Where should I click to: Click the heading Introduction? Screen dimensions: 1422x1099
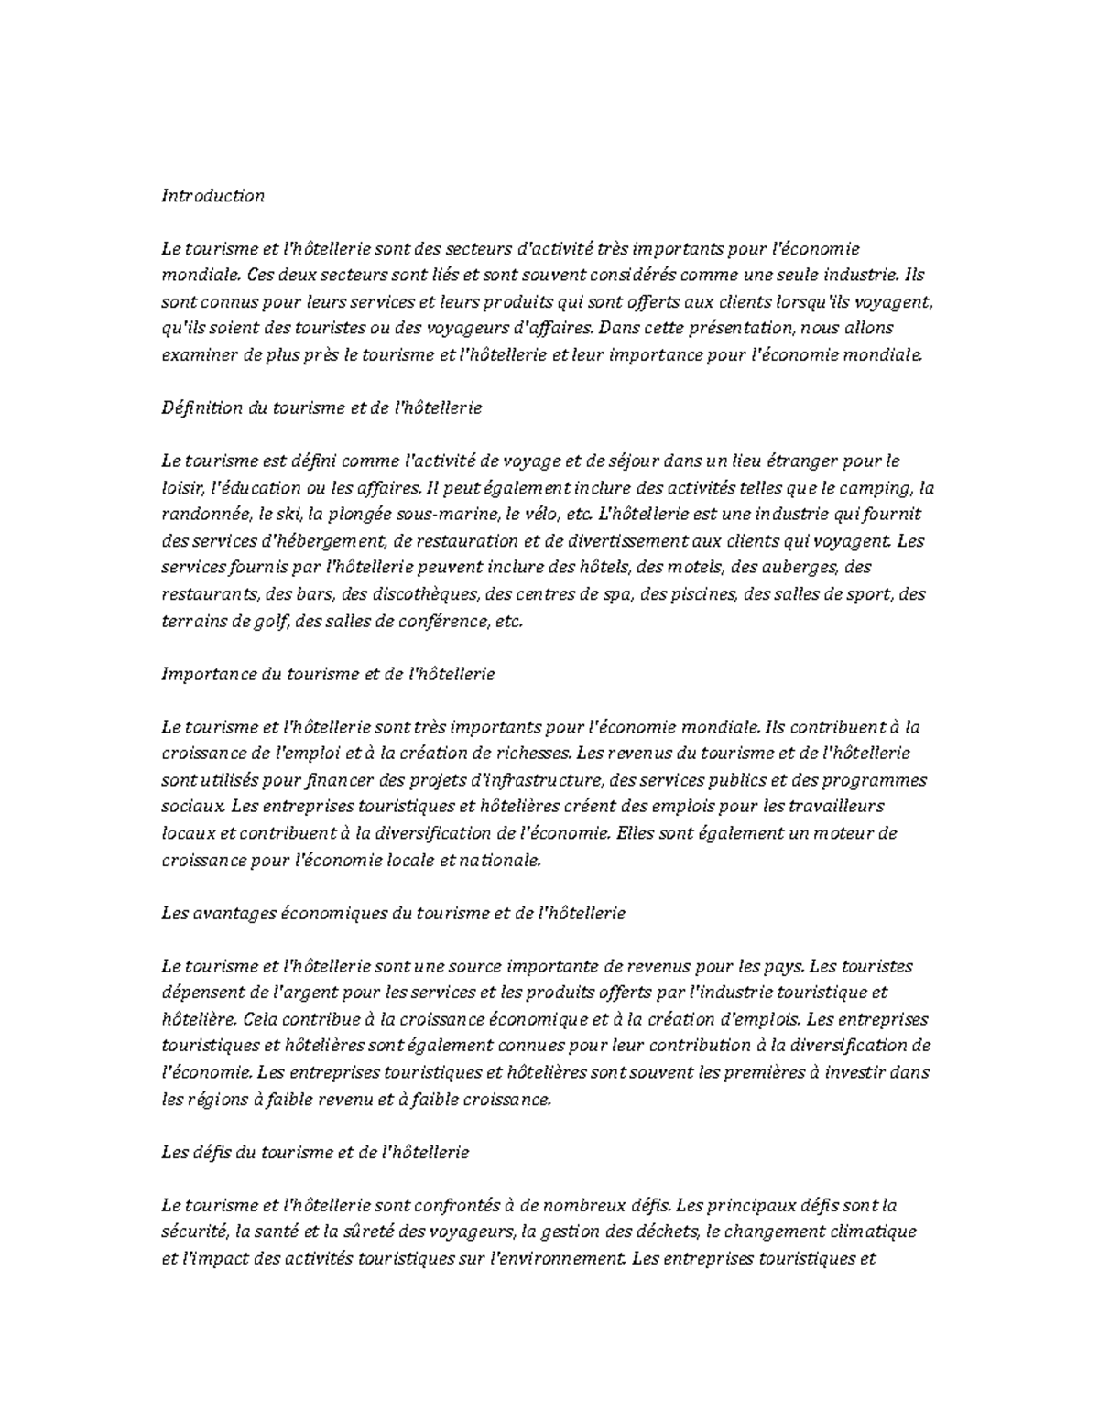(212, 196)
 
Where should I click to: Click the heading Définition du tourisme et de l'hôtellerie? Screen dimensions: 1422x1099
(321, 408)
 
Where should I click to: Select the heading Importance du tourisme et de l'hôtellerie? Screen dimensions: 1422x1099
(328, 674)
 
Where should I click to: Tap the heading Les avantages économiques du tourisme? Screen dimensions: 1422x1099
(393, 913)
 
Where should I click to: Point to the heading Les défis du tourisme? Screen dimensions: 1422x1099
(314, 1152)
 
